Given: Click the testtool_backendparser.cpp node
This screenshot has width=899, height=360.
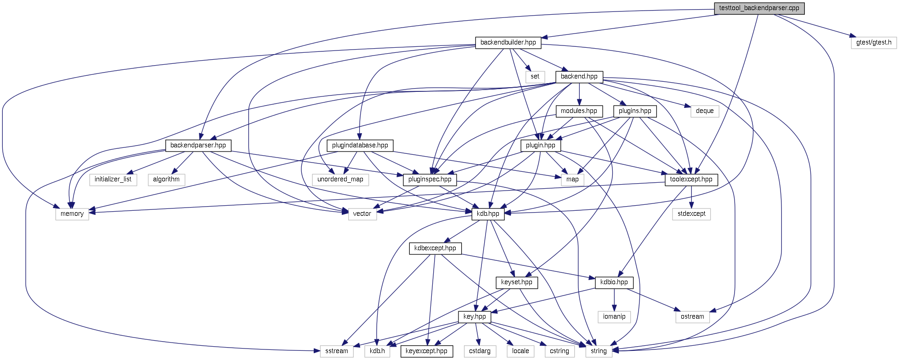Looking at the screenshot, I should click(x=759, y=8).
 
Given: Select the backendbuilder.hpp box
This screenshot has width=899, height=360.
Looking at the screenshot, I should click(x=508, y=43).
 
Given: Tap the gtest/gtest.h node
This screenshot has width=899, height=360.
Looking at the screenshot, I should click(x=873, y=43).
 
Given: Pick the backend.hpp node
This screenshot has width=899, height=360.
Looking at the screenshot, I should click(x=579, y=77).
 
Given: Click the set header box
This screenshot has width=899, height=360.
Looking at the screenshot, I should click(x=535, y=77).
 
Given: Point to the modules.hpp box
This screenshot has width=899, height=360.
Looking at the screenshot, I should click(x=579, y=111).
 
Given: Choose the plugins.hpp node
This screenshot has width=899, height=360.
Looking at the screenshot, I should click(x=635, y=111).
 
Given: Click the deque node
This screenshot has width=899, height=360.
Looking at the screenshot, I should click(x=704, y=111).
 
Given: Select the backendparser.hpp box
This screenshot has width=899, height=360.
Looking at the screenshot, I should click(x=198, y=146).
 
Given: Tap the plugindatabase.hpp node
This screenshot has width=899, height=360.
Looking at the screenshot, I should click(x=360, y=146).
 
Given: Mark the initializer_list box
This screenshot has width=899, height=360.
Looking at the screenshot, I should click(x=113, y=180).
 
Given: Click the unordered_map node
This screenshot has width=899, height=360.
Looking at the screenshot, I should click(x=340, y=180).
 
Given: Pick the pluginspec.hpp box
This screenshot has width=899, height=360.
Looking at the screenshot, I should click(x=430, y=180).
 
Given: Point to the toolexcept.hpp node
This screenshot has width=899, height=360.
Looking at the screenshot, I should click(x=691, y=180).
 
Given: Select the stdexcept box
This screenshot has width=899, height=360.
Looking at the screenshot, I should click(x=691, y=214).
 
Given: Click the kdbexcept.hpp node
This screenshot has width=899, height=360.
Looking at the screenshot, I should click(x=435, y=248).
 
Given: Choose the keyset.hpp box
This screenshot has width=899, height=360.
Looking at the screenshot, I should click(x=517, y=282).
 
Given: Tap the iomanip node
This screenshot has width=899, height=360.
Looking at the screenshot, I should click(x=614, y=317).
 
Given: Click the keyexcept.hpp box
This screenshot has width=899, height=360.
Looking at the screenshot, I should click(x=426, y=351).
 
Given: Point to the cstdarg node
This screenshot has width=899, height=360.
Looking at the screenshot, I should click(x=480, y=351).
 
